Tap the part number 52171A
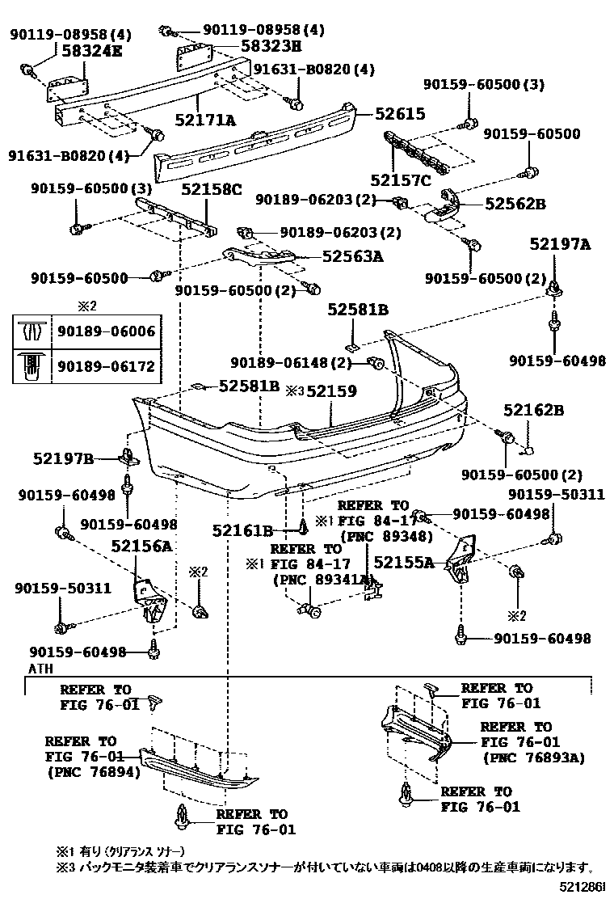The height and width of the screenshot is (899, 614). tap(206, 120)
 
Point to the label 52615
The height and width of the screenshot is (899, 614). tap(399, 115)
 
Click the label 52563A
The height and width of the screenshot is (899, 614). tap(352, 257)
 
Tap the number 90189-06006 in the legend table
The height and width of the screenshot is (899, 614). tap(106, 331)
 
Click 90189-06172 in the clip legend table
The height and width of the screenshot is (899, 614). tap(106, 366)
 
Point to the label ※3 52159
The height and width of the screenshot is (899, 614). tap(321, 391)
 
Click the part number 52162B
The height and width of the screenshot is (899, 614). tap(534, 411)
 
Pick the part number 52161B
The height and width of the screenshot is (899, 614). tap(242, 530)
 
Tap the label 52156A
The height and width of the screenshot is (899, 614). tap(141, 547)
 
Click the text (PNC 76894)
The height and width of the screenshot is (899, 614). tap(93, 772)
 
